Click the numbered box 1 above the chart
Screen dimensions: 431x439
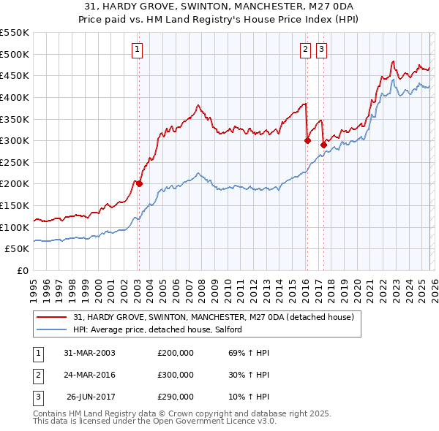(x=138, y=50)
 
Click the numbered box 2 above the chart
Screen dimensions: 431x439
(x=304, y=50)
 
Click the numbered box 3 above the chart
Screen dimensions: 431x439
(x=321, y=50)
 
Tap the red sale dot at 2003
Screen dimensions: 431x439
(x=139, y=184)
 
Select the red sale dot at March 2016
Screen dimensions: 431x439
(x=307, y=141)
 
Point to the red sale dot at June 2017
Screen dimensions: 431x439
(x=323, y=145)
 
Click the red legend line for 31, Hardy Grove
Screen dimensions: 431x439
(x=52, y=317)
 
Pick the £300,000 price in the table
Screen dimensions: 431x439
(x=176, y=375)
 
